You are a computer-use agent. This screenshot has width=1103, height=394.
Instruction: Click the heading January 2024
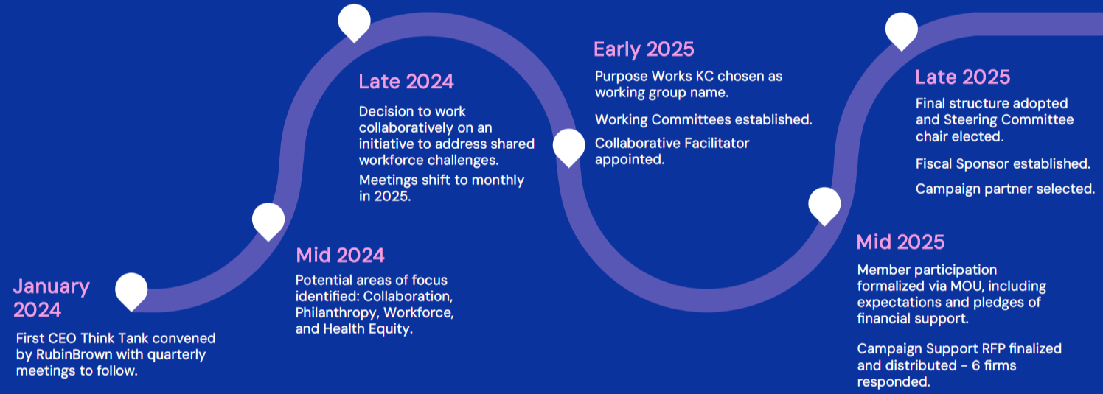(x=51, y=298)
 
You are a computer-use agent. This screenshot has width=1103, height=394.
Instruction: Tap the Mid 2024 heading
(x=340, y=256)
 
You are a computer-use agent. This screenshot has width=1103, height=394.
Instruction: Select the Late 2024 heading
(x=406, y=81)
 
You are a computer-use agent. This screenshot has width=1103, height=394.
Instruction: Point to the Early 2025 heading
(x=644, y=49)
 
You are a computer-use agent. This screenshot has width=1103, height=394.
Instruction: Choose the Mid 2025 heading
(x=900, y=242)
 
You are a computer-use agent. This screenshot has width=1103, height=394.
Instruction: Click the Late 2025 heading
(x=962, y=77)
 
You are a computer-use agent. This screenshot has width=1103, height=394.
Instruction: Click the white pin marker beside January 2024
(x=131, y=290)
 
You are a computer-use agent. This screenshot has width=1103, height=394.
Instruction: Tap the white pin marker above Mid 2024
(x=268, y=219)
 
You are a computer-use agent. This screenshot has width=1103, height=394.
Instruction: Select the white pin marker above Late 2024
(x=355, y=21)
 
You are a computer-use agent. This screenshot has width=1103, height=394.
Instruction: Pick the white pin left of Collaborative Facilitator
(x=569, y=146)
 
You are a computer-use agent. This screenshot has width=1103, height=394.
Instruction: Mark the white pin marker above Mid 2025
(x=824, y=205)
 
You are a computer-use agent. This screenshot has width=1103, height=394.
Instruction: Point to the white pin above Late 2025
(x=901, y=31)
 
